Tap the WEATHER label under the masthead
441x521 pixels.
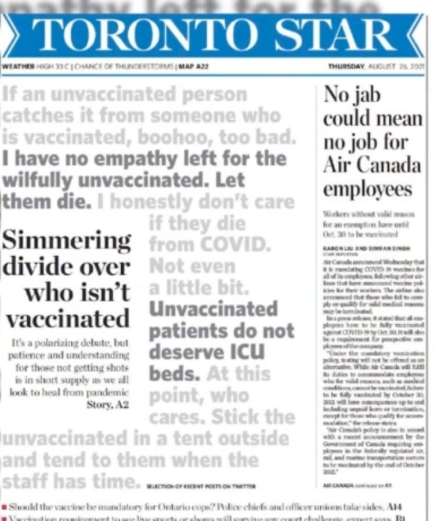(17, 67)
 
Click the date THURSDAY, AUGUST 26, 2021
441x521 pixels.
(376, 67)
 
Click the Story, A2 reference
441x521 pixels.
(109, 404)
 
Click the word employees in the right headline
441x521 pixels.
(367, 189)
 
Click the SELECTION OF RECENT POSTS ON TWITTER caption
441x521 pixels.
(201, 486)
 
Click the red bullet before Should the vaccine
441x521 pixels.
(4, 506)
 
